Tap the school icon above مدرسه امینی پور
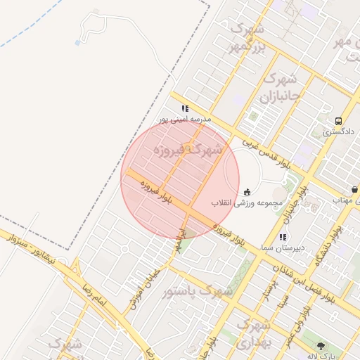click(x=185, y=108)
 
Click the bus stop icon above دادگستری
click(x=339, y=120)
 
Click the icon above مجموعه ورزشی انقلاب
click(x=247, y=191)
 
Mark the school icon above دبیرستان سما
click(x=283, y=237)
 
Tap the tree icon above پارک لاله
click(x=321, y=345)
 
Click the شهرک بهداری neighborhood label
click(x=252, y=333)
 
